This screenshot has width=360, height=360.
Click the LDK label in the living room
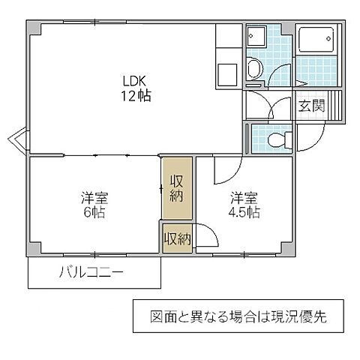point(136,80)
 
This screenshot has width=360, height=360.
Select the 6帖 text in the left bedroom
point(94,212)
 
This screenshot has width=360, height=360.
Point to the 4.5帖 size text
point(244,212)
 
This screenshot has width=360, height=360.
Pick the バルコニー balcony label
point(91,273)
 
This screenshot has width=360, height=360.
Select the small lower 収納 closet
point(176,239)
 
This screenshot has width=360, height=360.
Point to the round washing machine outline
point(255,70)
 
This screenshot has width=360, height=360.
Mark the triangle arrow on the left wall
point(18,139)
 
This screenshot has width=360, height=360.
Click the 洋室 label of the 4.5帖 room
point(244,198)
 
